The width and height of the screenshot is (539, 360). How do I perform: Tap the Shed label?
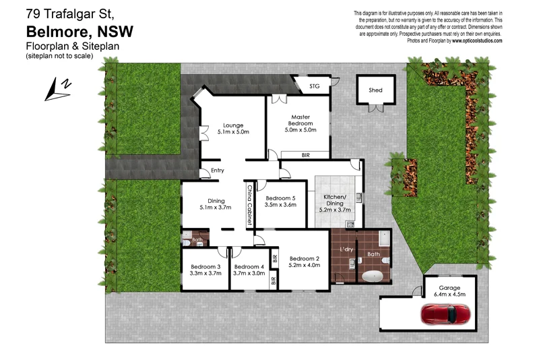375,90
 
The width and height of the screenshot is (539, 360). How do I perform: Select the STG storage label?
315,86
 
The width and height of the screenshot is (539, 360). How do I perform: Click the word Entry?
218,171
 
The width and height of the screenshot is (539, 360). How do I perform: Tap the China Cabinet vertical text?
249,205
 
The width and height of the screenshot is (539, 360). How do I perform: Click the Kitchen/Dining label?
335,202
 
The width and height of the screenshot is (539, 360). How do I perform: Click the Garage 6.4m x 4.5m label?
449,291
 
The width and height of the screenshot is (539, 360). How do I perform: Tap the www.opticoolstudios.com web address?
477,40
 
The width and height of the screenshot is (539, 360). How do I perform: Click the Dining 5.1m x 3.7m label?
216,204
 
